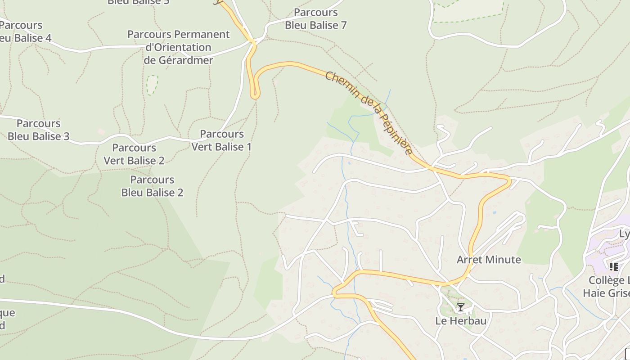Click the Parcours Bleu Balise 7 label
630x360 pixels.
[x=315, y=19]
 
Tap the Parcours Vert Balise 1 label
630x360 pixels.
[x=221, y=140]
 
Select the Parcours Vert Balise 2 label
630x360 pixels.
[x=134, y=154]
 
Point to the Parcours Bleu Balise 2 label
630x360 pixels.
[x=152, y=186]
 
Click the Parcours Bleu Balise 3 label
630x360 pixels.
[x=38, y=130]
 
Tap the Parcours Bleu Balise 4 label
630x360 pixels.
[x=22, y=31]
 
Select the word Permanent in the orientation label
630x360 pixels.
[x=202, y=34]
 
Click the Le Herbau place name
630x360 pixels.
[x=461, y=321]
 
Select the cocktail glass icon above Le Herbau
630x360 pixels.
[x=461, y=307]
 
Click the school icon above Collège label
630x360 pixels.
[x=613, y=267]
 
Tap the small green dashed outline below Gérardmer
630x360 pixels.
[x=152, y=85]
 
